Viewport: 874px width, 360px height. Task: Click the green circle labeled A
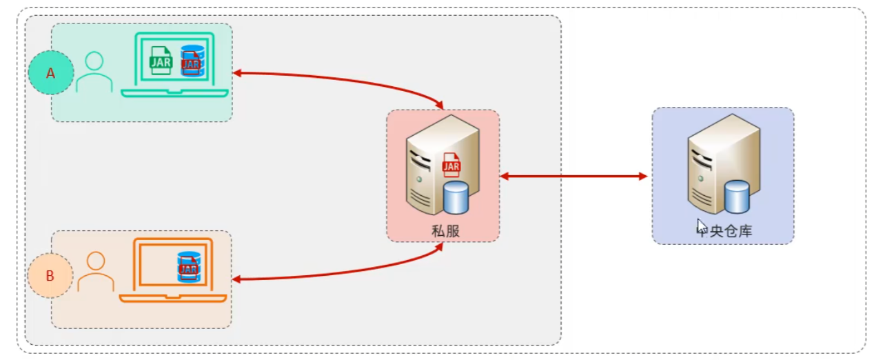50,72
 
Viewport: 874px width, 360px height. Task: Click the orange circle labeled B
50,276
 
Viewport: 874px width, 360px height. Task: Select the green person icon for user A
94,72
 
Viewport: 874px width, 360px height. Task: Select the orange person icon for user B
96,271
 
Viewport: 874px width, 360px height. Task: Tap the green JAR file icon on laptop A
161,60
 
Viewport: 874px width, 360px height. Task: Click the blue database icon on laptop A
192,60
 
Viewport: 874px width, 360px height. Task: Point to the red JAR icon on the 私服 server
451,165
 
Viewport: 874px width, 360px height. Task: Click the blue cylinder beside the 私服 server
456,197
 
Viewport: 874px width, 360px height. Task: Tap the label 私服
445,231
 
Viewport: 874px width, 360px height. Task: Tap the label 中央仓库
725,231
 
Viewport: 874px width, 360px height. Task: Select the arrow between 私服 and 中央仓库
573,177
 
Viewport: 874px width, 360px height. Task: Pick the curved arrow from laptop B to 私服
345,273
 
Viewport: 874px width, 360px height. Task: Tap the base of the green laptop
174,93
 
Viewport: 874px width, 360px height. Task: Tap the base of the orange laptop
173,298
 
